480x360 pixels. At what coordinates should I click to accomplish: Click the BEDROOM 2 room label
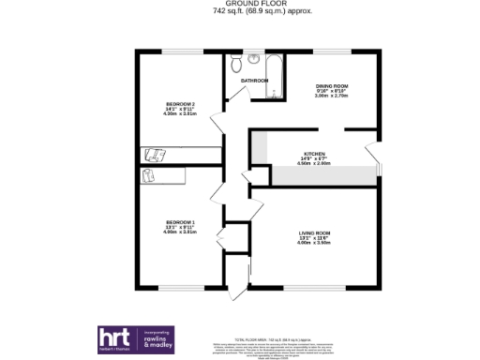coord(180,103)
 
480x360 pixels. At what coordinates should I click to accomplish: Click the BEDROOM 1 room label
coord(180,222)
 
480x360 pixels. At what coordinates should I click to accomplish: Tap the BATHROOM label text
coord(254,81)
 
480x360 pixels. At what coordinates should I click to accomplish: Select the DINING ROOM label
coord(331,86)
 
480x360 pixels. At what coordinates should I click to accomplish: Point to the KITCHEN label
coord(313,153)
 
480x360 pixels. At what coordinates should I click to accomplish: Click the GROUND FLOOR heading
coord(239,5)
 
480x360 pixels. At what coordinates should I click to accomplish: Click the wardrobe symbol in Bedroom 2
coord(156,154)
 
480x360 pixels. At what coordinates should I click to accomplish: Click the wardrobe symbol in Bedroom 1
coord(150,174)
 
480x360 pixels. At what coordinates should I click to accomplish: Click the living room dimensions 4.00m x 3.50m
coord(314,243)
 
